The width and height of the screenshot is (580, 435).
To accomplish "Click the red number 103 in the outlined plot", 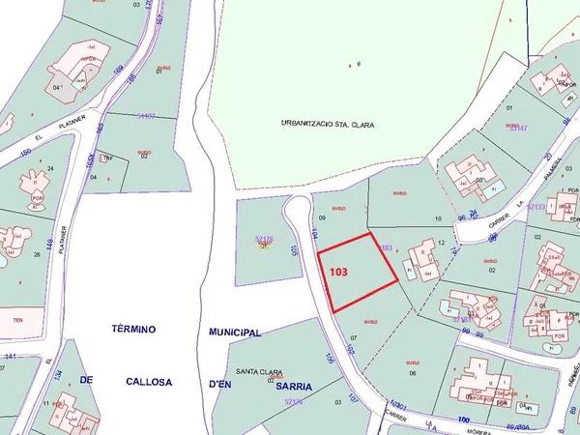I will [x=338, y=273].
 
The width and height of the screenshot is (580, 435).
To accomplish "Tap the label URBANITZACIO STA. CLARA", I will [x=327, y=125].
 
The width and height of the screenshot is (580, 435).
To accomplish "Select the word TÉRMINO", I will [x=133, y=330].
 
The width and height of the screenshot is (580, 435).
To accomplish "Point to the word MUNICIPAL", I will [x=236, y=332].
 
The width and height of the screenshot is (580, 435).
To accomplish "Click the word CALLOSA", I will [x=149, y=382].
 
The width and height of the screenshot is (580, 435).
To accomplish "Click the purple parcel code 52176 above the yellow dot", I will [x=264, y=237].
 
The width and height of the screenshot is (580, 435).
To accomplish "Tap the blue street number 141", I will [x=11, y=357].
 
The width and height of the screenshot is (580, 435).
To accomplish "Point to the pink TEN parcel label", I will [x=15, y=319].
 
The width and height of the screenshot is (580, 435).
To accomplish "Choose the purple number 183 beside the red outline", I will [x=387, y=248].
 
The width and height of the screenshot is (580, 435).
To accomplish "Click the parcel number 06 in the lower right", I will [x=413, y=372].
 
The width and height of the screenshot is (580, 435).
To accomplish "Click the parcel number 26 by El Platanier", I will [x=36, y=255].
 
